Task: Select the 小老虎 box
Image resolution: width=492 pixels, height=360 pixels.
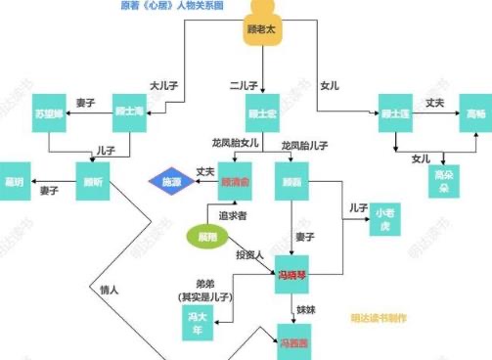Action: point(384,221)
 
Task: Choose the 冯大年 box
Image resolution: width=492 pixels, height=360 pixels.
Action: point(198,318)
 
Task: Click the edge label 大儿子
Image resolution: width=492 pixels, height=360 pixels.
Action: point(162,84)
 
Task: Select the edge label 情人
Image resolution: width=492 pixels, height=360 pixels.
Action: point(110,290)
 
